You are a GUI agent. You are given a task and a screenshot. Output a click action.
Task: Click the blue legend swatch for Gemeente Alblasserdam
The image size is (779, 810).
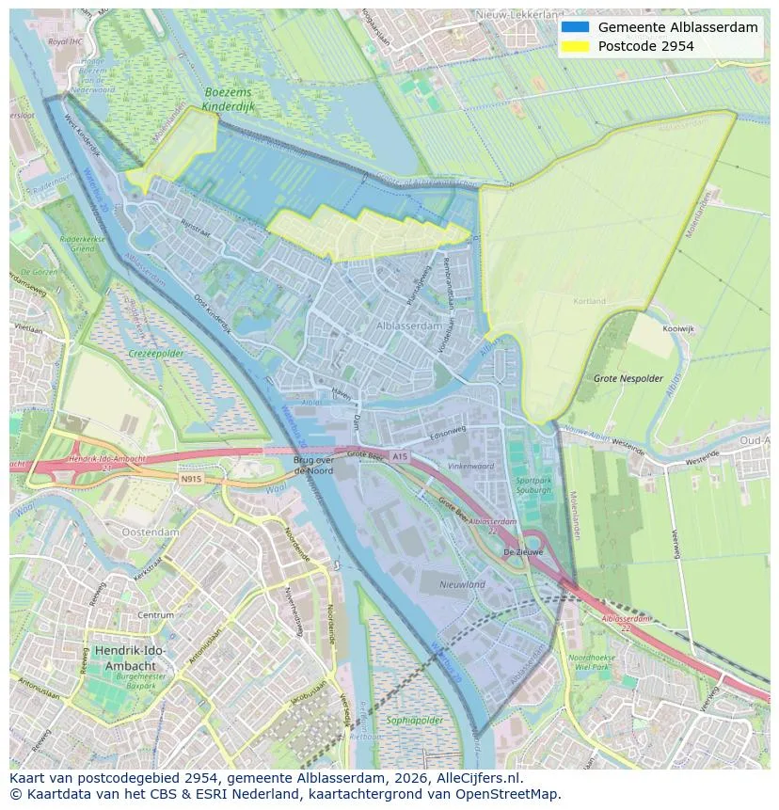575,27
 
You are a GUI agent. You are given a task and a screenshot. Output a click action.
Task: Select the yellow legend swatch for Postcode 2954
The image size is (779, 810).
575,46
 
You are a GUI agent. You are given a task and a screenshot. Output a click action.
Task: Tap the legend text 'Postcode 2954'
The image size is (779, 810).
645,46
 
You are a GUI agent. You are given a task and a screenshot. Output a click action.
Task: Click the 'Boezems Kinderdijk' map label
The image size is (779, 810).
230,100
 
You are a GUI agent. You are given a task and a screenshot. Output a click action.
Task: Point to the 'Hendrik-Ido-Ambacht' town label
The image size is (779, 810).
131,658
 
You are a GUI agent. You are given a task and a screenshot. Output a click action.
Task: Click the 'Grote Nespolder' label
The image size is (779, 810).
628,378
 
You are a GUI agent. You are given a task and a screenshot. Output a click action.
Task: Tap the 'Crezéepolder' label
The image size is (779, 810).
155,354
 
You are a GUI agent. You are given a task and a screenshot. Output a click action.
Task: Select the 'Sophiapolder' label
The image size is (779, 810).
415,721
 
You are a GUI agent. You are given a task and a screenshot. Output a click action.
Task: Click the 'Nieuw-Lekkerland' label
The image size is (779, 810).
518,15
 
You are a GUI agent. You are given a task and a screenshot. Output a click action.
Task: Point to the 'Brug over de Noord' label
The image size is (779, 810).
314,465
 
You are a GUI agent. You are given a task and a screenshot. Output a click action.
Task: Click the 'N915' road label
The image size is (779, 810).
191,478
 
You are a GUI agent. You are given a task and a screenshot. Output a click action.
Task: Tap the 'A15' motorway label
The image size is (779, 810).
401,456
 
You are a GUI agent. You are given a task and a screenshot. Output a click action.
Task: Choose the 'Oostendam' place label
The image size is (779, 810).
151,532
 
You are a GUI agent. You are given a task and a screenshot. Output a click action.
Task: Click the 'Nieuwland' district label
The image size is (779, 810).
461,584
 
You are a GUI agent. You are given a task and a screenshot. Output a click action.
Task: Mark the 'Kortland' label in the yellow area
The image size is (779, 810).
589,301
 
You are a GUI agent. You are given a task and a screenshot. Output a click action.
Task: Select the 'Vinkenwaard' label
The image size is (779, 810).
470,466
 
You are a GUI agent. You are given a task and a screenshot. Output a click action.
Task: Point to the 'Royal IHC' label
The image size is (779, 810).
65,42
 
